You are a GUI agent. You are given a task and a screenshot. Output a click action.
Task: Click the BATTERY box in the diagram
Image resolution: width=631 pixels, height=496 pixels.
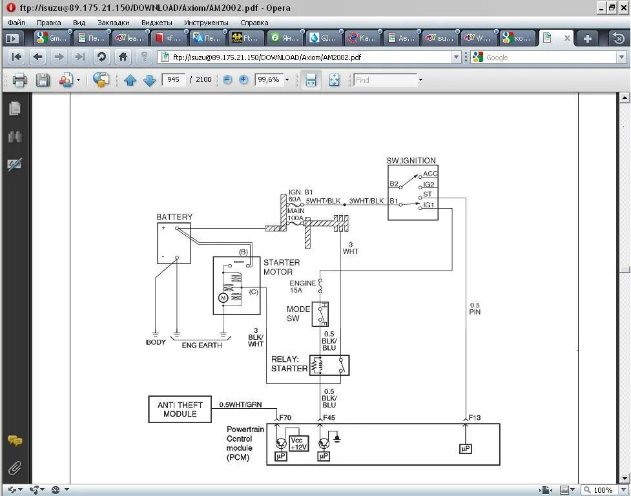[174, 243]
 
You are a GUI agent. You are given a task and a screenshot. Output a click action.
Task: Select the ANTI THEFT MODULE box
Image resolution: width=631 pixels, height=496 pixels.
[180, 409]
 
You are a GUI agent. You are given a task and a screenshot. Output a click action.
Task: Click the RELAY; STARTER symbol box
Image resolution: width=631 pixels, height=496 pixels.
[329, 366]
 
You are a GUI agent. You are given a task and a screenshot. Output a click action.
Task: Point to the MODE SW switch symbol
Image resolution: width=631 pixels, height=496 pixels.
[320, 315]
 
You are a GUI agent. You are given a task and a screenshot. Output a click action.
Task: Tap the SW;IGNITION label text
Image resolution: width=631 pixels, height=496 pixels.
[411, 161]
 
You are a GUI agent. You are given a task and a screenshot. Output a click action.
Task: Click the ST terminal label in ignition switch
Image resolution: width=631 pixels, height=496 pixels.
[427, 194]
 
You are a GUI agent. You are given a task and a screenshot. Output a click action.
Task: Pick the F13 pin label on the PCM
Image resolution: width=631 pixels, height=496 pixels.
[475, 418]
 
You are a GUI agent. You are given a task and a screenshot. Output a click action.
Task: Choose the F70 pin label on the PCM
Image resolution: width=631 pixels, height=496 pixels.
[285, 418]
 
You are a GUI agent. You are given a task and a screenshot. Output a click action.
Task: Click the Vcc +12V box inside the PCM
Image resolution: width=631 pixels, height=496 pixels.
[299, 444]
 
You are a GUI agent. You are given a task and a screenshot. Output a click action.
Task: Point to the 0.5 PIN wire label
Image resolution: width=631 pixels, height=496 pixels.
[475, 309]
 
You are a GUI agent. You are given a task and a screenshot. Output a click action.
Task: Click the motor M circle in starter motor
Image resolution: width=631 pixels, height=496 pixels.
[223, 298]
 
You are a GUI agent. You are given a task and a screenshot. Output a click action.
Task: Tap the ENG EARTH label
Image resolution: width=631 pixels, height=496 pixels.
[202, 346]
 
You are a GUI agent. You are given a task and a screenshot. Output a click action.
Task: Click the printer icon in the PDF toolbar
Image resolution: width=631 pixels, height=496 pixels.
[19, 80]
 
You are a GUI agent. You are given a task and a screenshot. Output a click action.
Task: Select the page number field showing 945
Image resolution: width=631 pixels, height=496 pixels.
[173, 80]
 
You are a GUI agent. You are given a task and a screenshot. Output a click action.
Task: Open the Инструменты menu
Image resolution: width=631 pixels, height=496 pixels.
[205, 23]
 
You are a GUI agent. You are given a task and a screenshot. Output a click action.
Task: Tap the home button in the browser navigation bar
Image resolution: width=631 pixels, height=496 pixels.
[123, 57]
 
